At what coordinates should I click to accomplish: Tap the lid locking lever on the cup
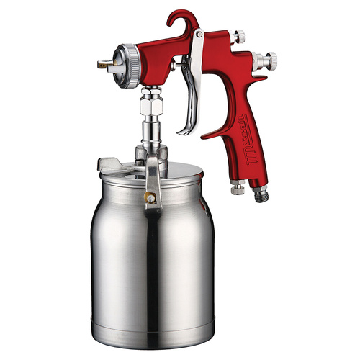[153, 184]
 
